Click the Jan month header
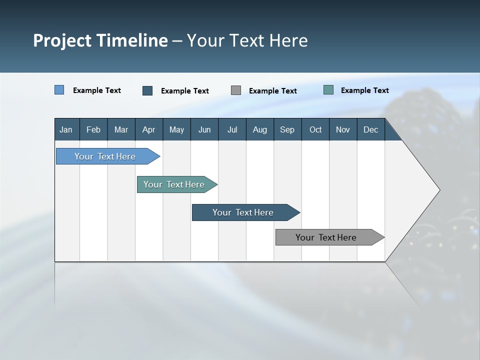point(66,129)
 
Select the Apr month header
point(148,129)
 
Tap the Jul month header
point(232,129)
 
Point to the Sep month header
point(287,129)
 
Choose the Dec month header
point(370,129)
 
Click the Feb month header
point(93,129)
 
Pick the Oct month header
point(315,129)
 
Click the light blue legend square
point(59,90)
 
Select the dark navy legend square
point(147,90)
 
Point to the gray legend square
point(236,90)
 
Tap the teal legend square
point(328,90)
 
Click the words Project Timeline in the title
point(100,40)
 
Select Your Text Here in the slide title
point(247,40)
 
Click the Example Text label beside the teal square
point(364,90)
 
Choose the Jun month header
point(204,129)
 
